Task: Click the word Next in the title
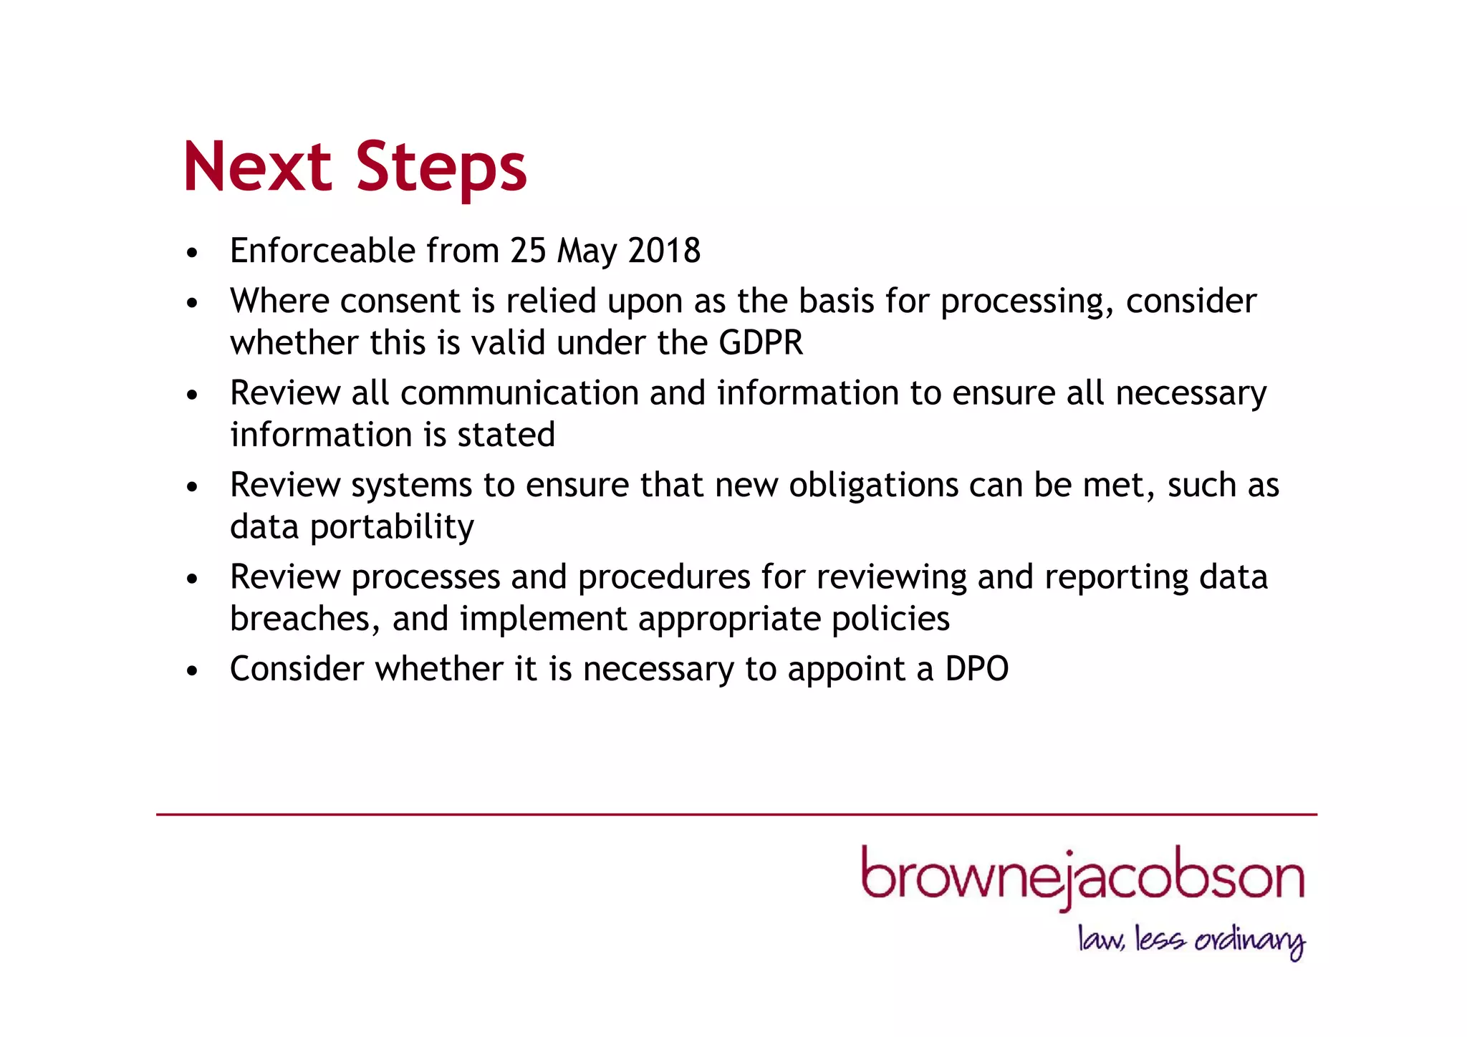(257, 167)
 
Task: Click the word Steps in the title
(441, 168)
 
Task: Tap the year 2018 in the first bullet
(664, 251)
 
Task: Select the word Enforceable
(322, 251)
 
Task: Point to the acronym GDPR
(761, 342)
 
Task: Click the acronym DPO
(976, 669)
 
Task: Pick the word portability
(392, 528)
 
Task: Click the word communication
(519, 393)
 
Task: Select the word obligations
(873, 485)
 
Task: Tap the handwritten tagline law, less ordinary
(1191, 940)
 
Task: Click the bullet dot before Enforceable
(191, 253)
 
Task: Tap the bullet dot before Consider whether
(191, 671)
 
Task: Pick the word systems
(411, 486)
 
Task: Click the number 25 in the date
(528, 251)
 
